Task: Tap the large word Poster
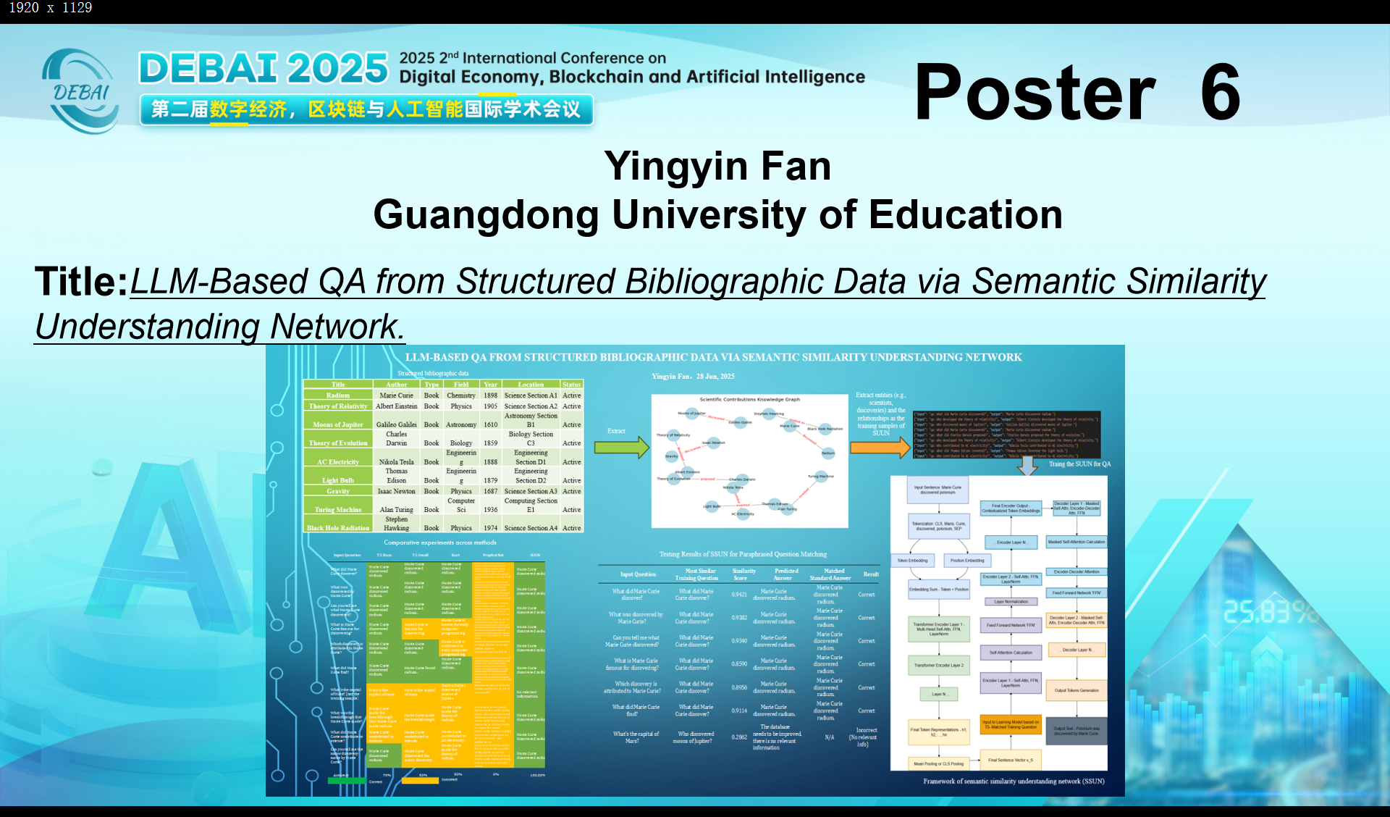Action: point(1035,92)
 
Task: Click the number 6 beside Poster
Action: point(1221,92)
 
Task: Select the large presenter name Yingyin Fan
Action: point(717,166)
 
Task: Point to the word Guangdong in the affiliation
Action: point(486,215)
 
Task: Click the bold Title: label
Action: point(81,281)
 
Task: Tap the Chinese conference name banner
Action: point(366,109)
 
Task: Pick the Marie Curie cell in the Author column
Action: point(396,395)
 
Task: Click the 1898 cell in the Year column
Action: point(491,395)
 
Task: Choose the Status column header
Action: point(571,385)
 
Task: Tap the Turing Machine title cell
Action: point(338,510)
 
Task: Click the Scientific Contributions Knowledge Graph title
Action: point(749,399)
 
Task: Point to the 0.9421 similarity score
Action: point(739,595)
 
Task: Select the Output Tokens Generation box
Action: point(1077,690)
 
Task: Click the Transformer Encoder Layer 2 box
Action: point(938,665)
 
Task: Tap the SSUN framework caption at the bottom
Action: point(1014,782)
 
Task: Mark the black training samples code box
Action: point(1006,435)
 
